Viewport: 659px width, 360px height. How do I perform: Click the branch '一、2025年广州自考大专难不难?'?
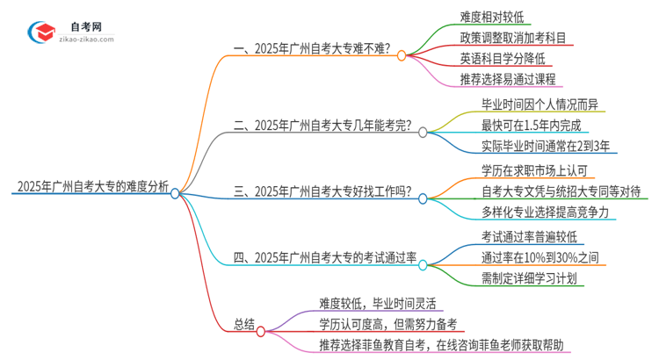click(312, 51)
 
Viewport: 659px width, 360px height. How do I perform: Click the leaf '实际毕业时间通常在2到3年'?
click(546, 148)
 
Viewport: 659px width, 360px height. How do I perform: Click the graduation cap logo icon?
click(41, 32)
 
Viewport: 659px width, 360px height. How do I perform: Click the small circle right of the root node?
click(176, 192)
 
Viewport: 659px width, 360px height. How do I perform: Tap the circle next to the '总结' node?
click(261, 330)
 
